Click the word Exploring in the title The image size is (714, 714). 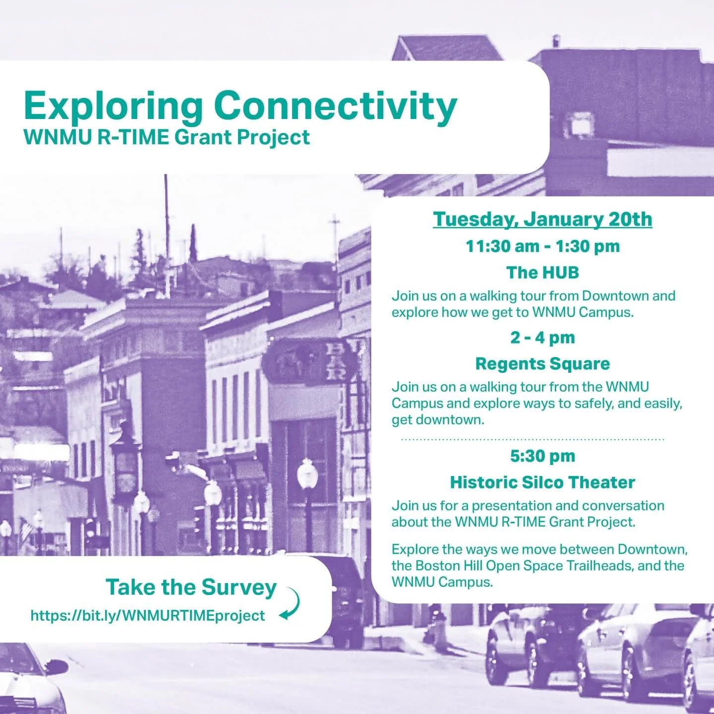[113, 106]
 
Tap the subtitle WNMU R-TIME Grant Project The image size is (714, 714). [167, 137]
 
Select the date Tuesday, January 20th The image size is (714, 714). [542, 219]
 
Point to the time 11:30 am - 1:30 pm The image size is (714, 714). [542, 246]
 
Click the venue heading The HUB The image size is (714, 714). [542, 272]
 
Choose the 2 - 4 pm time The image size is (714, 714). [542, 338]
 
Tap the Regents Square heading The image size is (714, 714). [542, 363]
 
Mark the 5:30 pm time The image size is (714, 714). [542, 456]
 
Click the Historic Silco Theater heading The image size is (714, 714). [542, 482]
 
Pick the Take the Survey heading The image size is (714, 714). [191, 587]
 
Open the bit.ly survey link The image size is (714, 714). [148, 615]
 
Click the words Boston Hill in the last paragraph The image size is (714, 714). [449, 566]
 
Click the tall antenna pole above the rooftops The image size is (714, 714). [167, 218]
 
